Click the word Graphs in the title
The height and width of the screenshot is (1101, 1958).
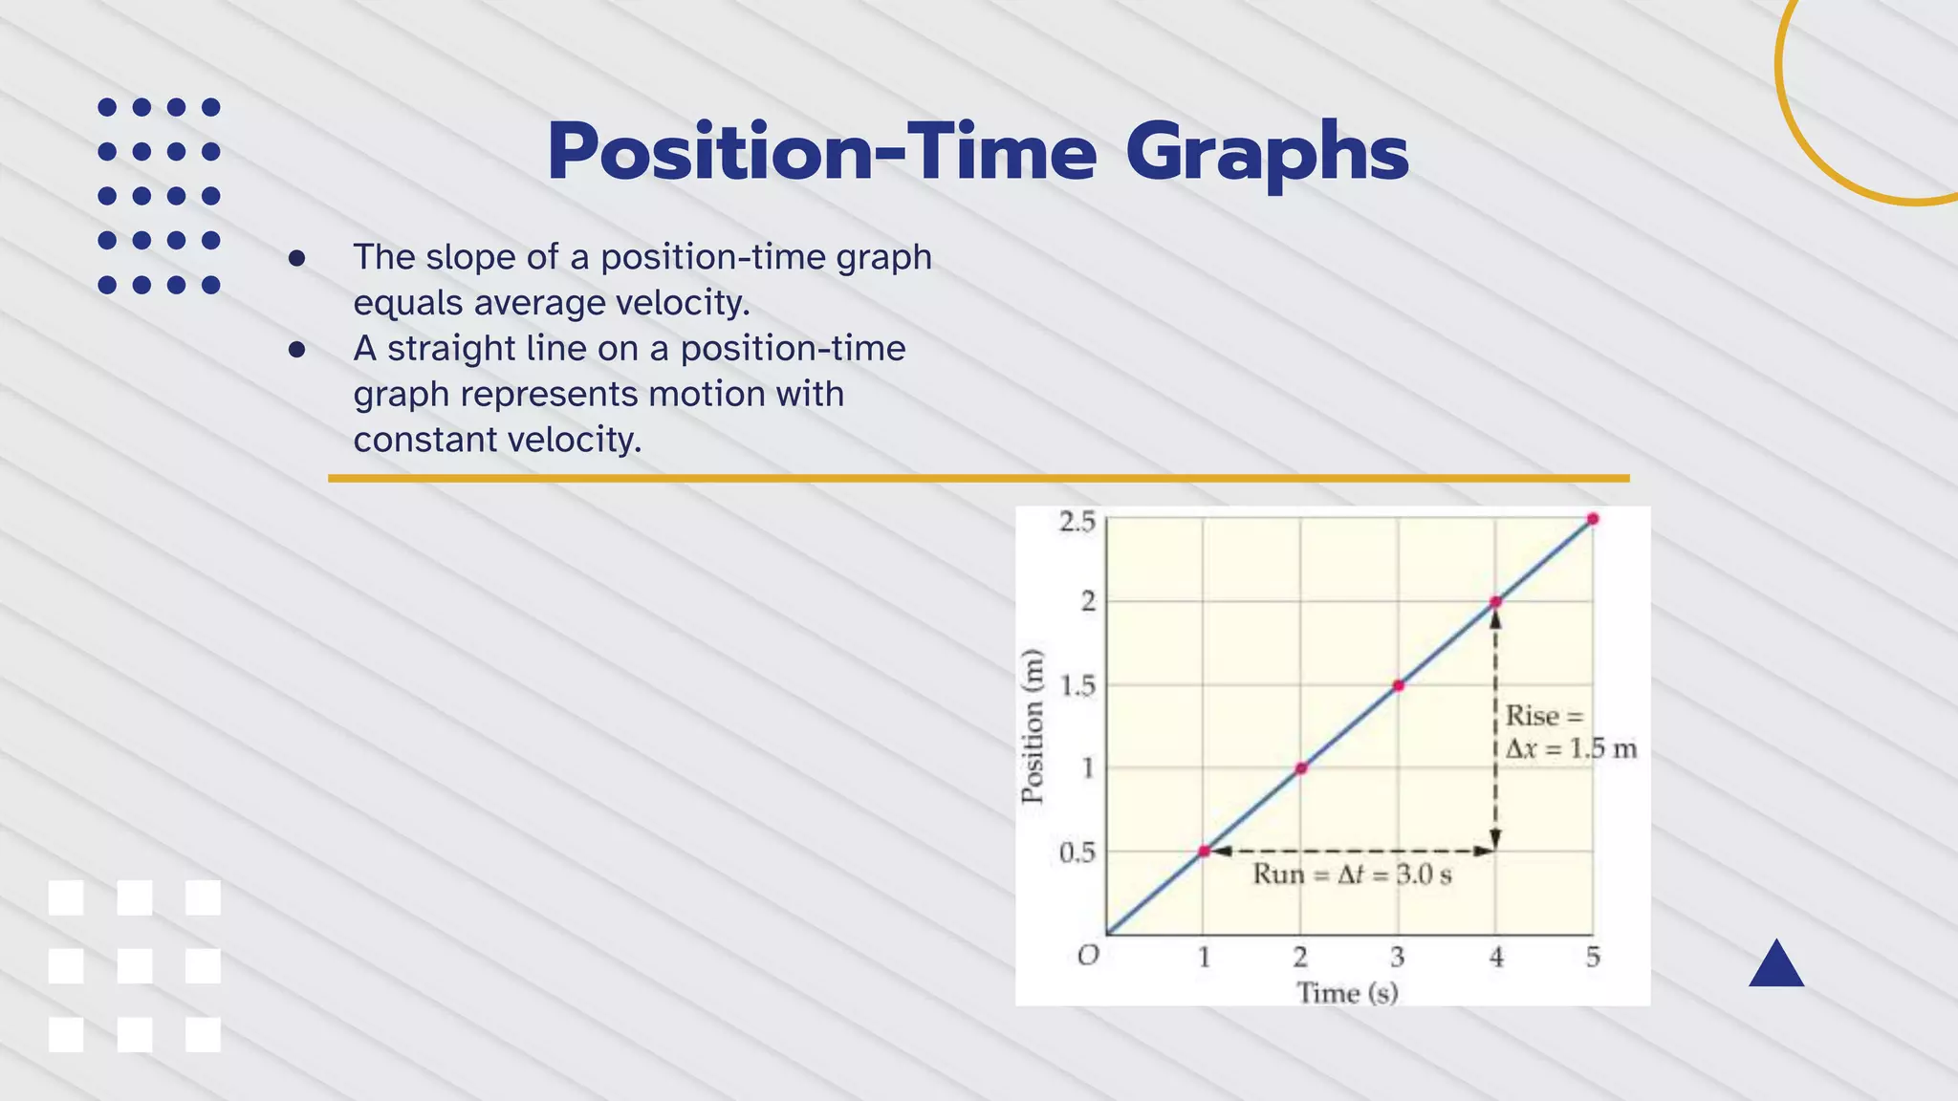[1266, 153]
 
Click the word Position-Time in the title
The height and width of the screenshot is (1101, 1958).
[822, 153]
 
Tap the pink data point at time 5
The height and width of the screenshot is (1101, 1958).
[1593, 519]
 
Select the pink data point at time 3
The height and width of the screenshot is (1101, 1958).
[1398, 685]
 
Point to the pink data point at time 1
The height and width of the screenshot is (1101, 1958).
[1204, 851]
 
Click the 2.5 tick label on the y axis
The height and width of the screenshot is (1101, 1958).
[1077, 522]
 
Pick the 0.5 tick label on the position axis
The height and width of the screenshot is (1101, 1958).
[1077, 853]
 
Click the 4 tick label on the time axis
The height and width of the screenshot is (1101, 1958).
[1496, 957]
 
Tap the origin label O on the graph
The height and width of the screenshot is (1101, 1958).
[1088, 956]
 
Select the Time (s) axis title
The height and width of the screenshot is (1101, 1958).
[1347, 993]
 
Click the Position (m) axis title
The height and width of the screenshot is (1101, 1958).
[1033, 726]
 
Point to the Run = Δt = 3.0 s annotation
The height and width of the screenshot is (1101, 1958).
[1352, 874]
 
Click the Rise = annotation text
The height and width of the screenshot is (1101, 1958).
[1544, 716]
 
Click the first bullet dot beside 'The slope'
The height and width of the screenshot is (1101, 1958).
[296, 258]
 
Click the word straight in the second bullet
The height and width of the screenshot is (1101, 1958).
[451, 349]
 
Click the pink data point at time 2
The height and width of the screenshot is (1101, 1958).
[1300, 768]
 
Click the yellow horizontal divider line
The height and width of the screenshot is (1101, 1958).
[978, 478]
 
